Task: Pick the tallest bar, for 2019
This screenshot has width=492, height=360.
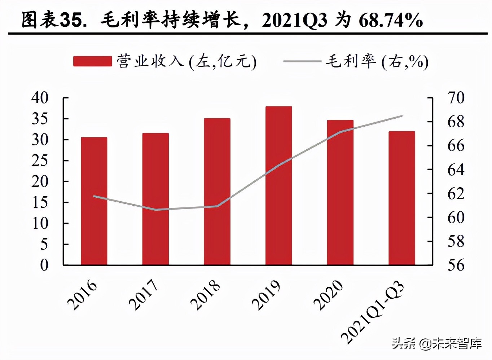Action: [278, 186]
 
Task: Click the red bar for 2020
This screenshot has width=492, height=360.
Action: [340, 193]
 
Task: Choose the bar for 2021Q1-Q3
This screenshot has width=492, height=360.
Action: [401, 198]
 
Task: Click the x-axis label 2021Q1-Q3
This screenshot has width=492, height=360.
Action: [373, 312]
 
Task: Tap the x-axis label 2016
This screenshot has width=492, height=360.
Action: [82, 295]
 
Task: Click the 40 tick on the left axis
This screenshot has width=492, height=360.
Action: [40, 98]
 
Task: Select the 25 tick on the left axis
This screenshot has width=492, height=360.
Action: [40, 161]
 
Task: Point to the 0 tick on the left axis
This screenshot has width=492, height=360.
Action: [44, 265]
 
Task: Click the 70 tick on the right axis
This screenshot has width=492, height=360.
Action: [456, 98]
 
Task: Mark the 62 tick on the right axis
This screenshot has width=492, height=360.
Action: [456, 194]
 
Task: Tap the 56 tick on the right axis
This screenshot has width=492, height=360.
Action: [456, 265]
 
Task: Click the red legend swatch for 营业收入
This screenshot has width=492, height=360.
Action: [92, 61]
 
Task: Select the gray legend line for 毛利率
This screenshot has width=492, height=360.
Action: [302, 61]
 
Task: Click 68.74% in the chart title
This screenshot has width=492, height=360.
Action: [391, 20]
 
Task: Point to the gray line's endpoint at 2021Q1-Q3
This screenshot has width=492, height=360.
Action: [402, 116]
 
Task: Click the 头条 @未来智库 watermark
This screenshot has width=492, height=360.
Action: [436, 343]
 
